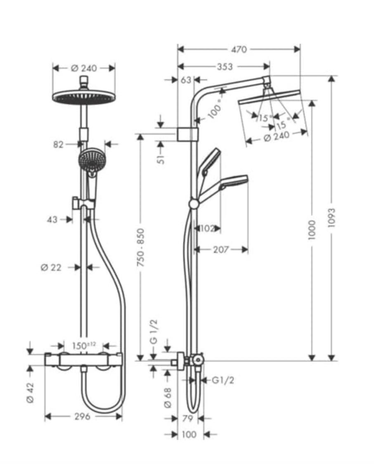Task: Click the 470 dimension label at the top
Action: (x=239, y=50)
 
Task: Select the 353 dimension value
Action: (x=225, y=67)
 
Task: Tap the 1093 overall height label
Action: (x=332, y=218)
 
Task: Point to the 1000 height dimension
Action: (x=312, y=230)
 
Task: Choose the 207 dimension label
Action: (x=221, y=249)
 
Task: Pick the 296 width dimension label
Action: (x=82, y=417)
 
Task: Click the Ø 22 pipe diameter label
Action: (x=51, y=268)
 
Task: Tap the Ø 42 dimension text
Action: (x=30, y=393)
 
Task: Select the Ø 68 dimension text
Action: (x=168, y=398)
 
